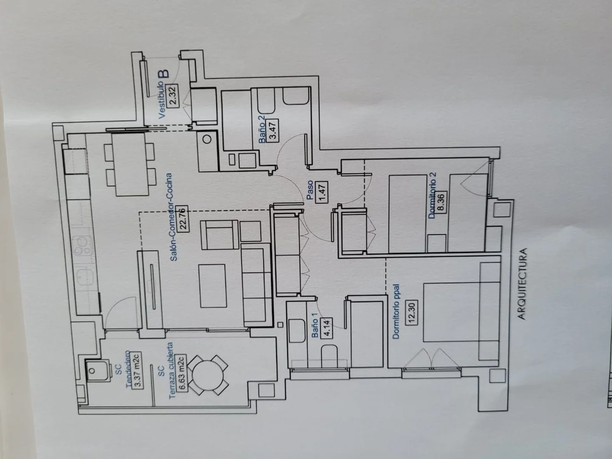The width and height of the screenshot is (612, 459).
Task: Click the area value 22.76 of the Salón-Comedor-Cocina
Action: coord(184,219)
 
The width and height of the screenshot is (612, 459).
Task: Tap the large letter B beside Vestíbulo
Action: coord(164,74)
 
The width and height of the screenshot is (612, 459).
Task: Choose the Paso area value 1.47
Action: coord(322,192)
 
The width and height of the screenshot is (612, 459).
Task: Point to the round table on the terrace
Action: coord(208,375)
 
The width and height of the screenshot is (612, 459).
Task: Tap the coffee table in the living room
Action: coord(213,286)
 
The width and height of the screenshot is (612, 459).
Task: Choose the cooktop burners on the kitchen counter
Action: coord(82,246)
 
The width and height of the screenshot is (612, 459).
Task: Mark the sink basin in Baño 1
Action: coord(297,331)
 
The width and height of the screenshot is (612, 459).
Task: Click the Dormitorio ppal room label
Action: coord(396,312)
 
